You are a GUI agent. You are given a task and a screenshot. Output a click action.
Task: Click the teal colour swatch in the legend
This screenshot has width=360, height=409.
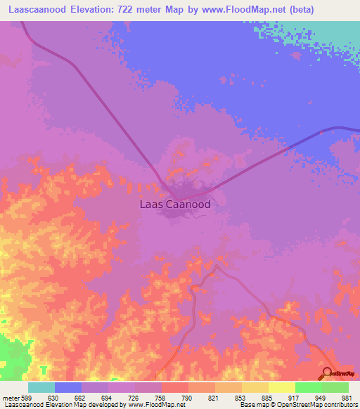click(x=41, y=387)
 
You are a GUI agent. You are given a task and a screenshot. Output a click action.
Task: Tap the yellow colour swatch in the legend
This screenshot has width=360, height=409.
click(x=281, y=387)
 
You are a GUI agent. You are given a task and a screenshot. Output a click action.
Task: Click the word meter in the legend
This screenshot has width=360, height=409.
click(x=10, y=397)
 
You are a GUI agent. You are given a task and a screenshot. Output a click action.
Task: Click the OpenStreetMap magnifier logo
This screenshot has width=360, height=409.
click(x=327, y=372)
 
